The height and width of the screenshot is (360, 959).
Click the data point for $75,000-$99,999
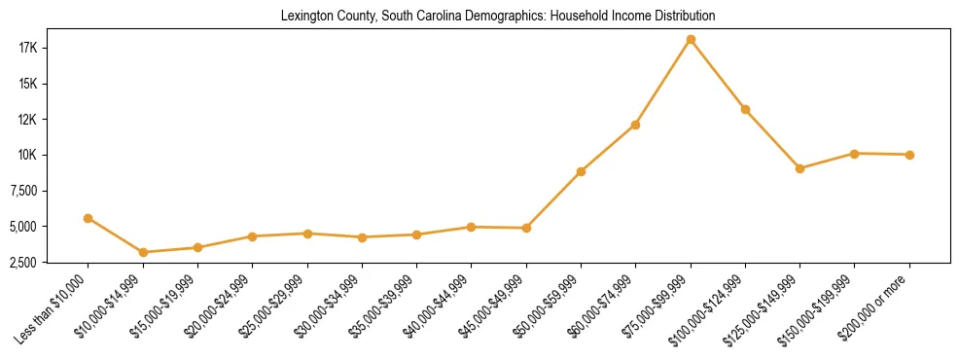(691, 40)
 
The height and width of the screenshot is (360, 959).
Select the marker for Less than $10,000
(89, 218)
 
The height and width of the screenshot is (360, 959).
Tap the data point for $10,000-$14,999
(143, 252)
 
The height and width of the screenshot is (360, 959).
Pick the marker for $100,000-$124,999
(745, 109)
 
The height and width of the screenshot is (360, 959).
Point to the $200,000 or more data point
(909, 155)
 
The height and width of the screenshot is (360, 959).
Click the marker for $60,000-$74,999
(635, 125)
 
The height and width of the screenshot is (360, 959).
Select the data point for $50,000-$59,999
(581, 171)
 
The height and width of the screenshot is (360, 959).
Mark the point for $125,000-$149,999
(799, 168)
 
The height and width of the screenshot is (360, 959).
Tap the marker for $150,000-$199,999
(854, 154)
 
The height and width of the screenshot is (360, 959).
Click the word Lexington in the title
(304, 17)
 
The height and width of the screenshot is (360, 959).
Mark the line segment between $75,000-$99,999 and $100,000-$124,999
(718, 75)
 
